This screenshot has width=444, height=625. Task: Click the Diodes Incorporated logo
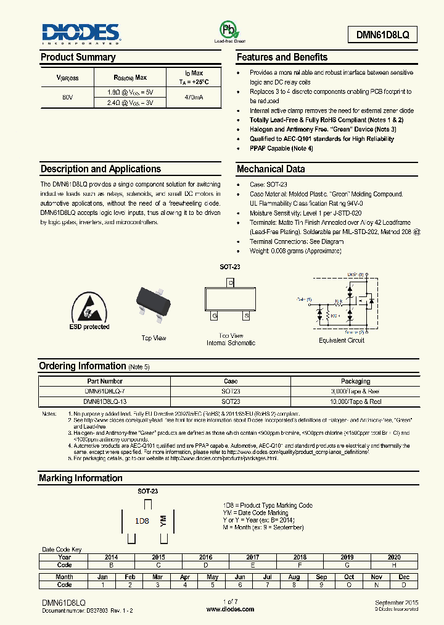click(80, 34)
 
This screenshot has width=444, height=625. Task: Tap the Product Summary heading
click(78, 57)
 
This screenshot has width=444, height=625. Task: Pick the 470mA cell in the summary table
click(194, 98)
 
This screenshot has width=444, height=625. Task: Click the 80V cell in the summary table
click(67, 98)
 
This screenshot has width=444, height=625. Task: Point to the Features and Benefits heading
click(282, 57)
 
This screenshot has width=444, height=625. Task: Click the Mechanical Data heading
click(271, 169)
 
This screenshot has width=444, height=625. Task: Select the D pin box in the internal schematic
click(230, 283)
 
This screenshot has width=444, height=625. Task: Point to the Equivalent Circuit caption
click(341, 340)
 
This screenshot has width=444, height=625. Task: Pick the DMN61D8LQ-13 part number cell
click(105, 401)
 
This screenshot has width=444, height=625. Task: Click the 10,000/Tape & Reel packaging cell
click(356, 401)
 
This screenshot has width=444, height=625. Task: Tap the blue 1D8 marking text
click(142, 521)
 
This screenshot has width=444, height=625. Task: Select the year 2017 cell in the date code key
click(253, 557)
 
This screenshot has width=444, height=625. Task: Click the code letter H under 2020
click(394, 564)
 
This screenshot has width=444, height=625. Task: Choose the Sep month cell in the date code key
click(321, 577)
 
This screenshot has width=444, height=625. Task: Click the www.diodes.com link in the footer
click(230, 609)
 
